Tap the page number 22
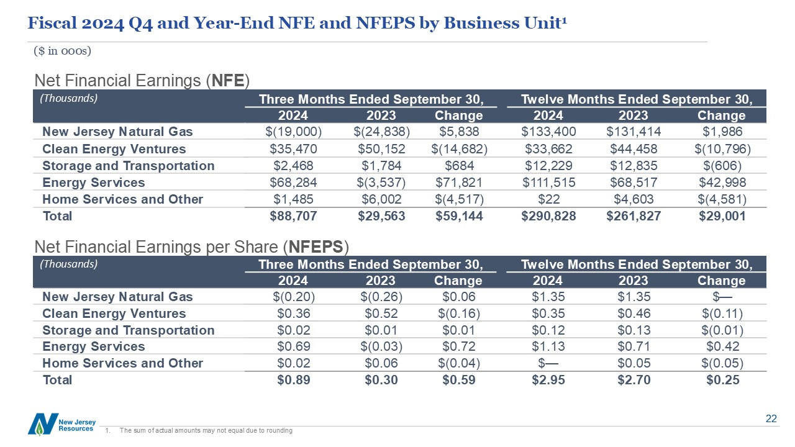click(771, 419)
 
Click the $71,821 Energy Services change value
click(458, 183)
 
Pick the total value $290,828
click(548, 216)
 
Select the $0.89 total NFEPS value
click(293, 380)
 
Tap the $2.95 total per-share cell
click(548, 380)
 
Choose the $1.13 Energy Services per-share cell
click(548, 346)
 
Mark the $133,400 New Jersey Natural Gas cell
click(548, 132)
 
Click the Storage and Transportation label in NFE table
click(128, 166)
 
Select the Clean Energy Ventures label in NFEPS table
click(114, 314)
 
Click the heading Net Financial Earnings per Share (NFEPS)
click(191, 246)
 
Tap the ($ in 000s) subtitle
click(63, 51)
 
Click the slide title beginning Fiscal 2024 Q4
click(298, 23)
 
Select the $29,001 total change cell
click(722, 216)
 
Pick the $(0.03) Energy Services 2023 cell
click(381, 346)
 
